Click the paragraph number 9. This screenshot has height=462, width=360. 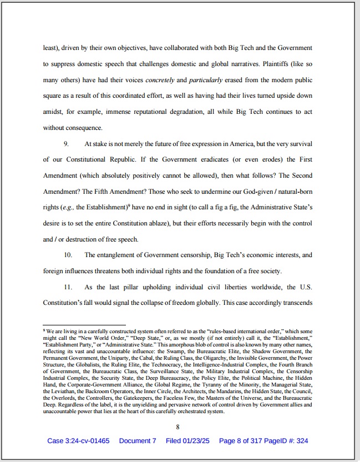point(66,144)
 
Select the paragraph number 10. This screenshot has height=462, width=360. point(68,255)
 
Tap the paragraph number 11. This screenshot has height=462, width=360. point(68,287)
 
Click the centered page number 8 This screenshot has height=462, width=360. point(178,427)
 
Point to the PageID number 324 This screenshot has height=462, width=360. point(301,441)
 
